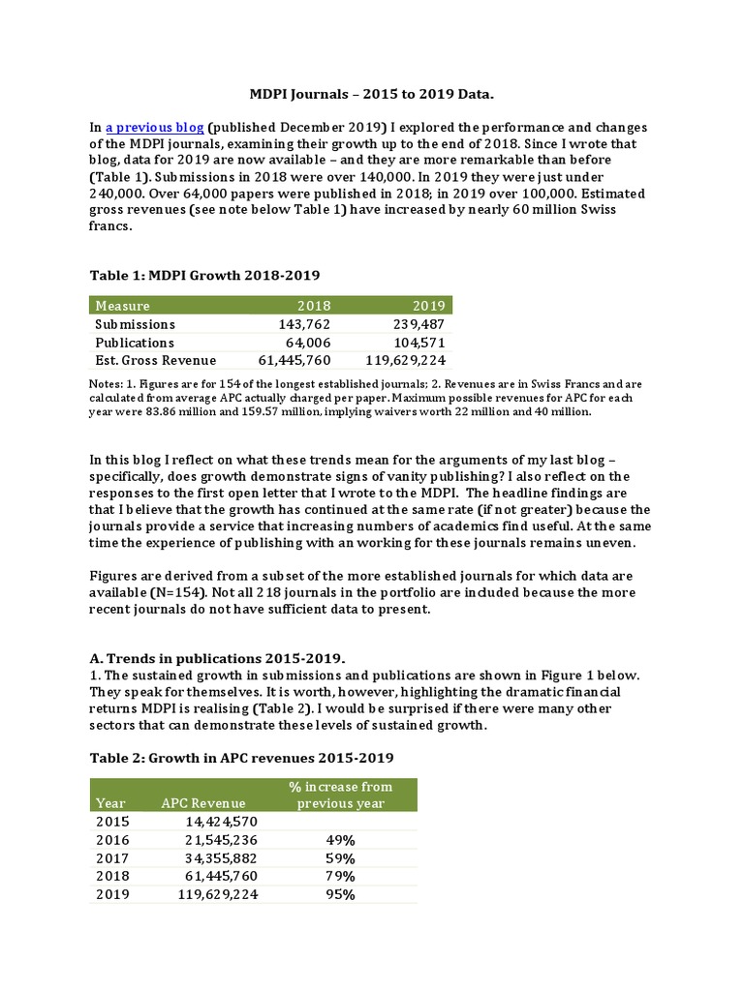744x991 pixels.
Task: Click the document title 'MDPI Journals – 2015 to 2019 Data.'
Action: pyautogui.click(x=373, y=94)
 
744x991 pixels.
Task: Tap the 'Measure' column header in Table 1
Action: pyautogui.click(x=123, y=306)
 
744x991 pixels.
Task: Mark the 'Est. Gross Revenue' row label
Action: pyautogui.click(x=156, y=361)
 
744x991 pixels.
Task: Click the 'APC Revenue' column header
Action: pyautogui.click(x=203, y=802)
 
